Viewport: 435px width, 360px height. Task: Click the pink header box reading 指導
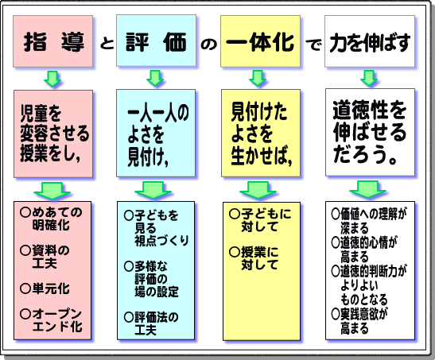[53, 41]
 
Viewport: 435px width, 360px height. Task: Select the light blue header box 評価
[156, 41]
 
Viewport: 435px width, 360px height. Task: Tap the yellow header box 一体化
[261, 41]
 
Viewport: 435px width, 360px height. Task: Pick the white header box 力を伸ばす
[370, 41]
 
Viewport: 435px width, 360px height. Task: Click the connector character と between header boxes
[107, 43]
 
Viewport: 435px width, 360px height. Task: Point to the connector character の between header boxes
[209, 44]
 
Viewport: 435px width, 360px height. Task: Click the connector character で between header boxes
[313, 44]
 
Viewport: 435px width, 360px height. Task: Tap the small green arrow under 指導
[52, 79]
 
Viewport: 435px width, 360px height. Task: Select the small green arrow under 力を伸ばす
[369, 78]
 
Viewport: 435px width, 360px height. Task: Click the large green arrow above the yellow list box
[258, 190]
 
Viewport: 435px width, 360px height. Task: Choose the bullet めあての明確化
[52, 219]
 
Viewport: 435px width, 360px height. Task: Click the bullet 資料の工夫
[45, 257]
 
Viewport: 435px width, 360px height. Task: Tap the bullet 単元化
[45, 288]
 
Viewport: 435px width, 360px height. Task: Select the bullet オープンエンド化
[52, 320]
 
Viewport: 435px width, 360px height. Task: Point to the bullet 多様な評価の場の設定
[151, 280]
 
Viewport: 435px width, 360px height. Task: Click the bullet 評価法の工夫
[151, 323]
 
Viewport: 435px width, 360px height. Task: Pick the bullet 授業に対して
[254, 258]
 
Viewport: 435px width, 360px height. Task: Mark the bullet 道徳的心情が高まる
[364, 250]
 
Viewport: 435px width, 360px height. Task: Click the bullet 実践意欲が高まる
[359, 321]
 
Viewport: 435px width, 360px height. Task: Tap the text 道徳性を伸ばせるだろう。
[370, 132]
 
